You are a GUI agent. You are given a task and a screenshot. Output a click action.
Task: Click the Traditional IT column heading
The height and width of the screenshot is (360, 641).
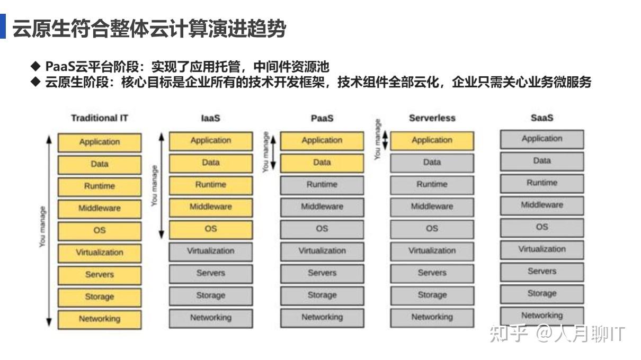pos(100,118)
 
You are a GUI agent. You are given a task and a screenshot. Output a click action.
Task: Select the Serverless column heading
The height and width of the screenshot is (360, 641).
pos(432,118)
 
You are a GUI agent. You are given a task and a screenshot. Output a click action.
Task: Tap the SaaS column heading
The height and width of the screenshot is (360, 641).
pos(541,118)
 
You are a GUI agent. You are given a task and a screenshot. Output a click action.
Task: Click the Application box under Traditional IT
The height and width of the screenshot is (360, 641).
pos(100,142)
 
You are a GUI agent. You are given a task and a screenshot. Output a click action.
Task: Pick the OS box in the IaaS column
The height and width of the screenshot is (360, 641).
pos(211,229)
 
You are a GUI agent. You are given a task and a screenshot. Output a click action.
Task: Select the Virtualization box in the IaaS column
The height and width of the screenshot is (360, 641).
pos(211,251)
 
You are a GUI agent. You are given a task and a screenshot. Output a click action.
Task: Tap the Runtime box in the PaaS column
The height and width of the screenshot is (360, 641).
pos(322,185)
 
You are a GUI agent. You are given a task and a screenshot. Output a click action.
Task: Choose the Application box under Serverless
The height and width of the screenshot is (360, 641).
pos(432,141)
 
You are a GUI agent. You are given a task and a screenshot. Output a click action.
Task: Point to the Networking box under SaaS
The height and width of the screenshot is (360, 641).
pos(541,316)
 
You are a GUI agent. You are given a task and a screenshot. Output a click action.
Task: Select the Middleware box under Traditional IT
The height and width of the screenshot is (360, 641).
pos(100,209)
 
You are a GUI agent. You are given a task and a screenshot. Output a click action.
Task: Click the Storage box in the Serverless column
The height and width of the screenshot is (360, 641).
pos(432,295)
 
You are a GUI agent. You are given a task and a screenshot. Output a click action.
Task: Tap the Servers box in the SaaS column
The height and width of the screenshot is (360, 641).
pos(541,272)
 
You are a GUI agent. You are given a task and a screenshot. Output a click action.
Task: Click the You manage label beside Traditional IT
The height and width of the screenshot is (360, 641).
pos(42,227)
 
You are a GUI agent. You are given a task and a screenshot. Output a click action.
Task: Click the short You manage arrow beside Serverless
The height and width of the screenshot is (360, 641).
pos(385,140)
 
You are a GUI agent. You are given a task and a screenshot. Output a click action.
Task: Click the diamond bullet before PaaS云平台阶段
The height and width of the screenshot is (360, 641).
pos(35,66)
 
